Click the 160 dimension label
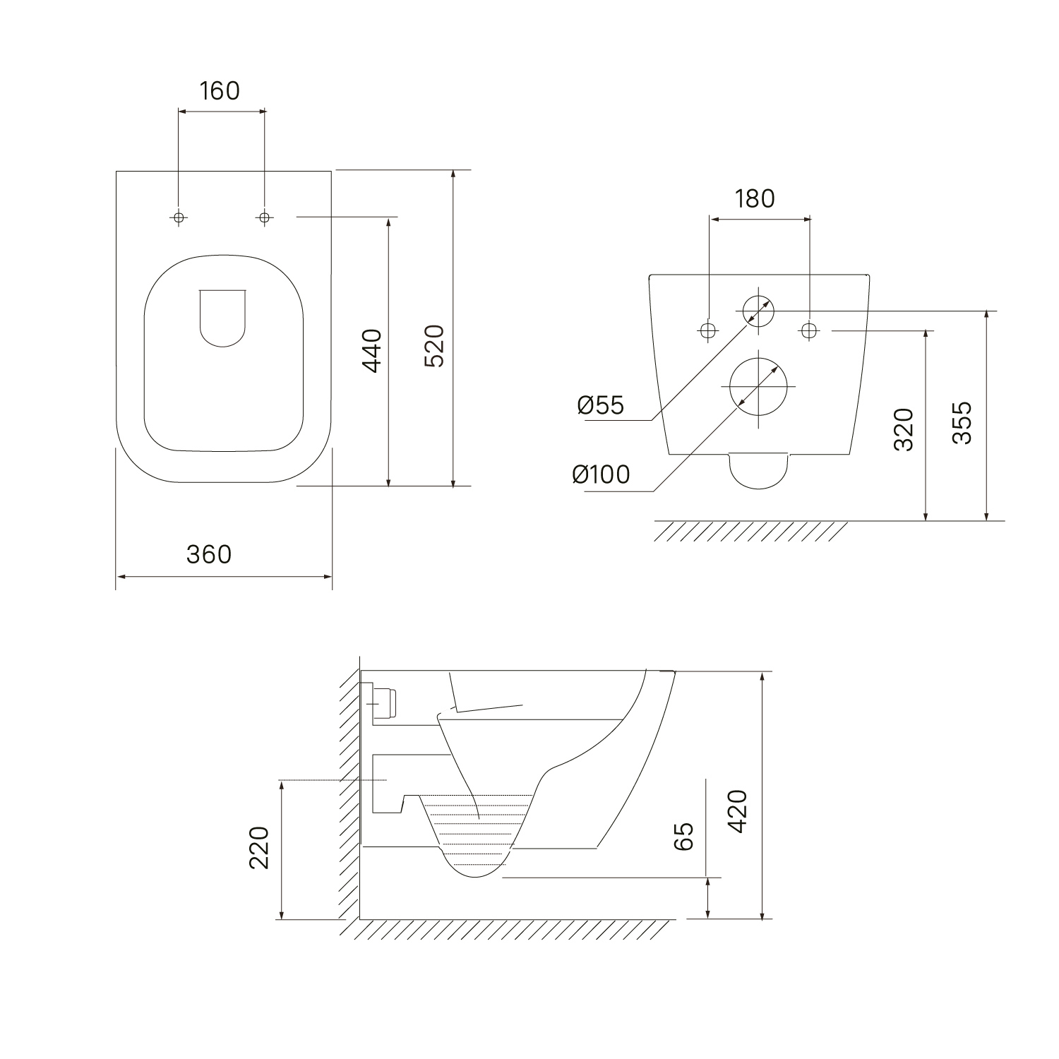click(x=220, y=91)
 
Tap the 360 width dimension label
click(x=209, y=554)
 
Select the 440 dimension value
click(x=372, y=350)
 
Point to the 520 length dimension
click(x=434, y=345)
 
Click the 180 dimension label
click(x=755, y=199)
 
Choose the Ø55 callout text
click(x=601, y=405)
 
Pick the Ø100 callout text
click(x=601, y=474)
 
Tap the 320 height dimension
click(x=904, y=429)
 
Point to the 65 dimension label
click(x=683, y=837)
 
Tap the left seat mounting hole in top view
click(x=179, y=217)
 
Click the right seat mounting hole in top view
click(x=265, y=217)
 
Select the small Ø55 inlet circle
click(x=758, y=310)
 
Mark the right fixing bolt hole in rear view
click(x=809, y=330)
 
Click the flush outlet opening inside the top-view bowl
click(x=223, y=318)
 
